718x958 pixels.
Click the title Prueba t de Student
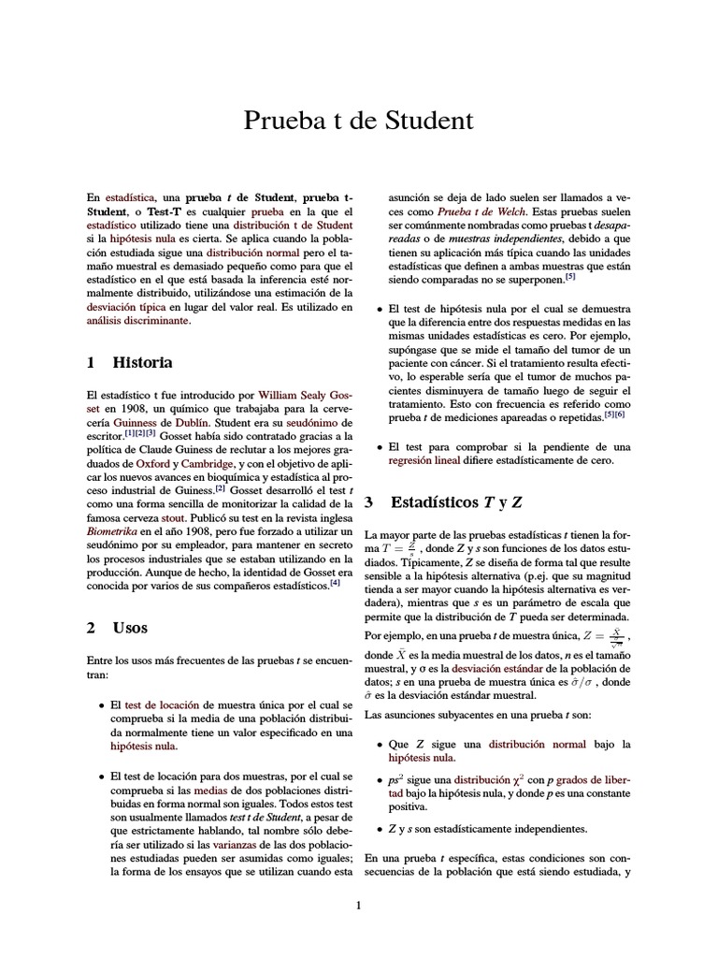[x=358, y=121]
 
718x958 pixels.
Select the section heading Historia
[x=142, y=362]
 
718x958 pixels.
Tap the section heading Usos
[x=130, y=628]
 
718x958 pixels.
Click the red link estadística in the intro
[x=130, y=198]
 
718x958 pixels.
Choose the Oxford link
[x=160, y=463]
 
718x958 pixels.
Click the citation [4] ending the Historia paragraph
[x=334, y=584]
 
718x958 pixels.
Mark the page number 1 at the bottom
[x=359, y=905]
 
